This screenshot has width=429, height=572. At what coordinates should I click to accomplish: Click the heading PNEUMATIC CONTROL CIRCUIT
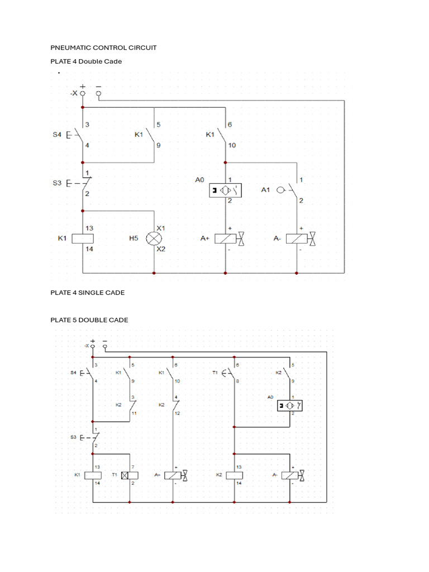[x=103, y=47]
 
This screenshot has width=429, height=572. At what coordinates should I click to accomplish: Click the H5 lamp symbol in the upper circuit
[x=153, y=239]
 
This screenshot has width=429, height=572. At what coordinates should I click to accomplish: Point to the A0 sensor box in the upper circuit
[x=225, y=190]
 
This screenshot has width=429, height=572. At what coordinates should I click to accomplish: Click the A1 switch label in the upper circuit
[x=266, y=190]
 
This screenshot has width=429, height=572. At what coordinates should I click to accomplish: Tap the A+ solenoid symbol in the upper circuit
[x=225, y=239]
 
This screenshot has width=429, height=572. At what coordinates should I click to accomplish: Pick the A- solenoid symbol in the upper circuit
[x=297, y=239]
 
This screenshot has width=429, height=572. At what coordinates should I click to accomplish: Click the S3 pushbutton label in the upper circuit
[x=57, y=183]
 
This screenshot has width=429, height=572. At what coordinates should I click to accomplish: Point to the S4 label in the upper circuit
[x=57, y=134]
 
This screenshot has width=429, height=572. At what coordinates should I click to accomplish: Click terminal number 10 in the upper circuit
[x=232, y=145]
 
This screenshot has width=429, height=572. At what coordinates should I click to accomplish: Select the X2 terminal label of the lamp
[x=161, y=249]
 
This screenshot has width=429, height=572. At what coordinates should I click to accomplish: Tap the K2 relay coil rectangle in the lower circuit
[x=234, y=475]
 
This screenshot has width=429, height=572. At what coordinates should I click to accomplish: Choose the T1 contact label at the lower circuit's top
[x=214, y=372]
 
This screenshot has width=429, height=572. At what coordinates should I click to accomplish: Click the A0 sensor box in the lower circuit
[x=290, y=405]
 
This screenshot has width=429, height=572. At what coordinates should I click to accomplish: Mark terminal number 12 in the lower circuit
[x=178, y=413]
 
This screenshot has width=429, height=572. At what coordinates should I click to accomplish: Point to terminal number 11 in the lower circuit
[x=134, y=413]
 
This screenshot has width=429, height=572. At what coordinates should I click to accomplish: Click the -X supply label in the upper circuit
[x=74, y=94]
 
